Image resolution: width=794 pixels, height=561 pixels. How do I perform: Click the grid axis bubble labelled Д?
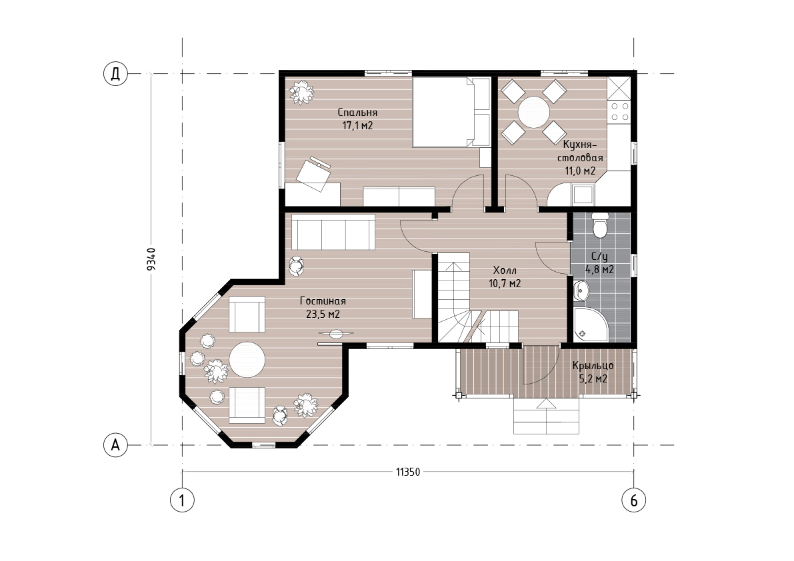point(115,74)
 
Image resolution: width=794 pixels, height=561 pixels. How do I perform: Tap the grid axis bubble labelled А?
point(115,445)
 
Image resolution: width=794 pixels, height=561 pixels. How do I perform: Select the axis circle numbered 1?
point(182,500)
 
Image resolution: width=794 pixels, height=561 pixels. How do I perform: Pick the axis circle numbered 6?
point(633,500)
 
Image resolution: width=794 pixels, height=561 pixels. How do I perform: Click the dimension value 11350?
point(408,472)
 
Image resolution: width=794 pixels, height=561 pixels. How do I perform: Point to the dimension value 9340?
point(151,259)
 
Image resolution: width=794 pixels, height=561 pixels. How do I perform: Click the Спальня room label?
point(357,113)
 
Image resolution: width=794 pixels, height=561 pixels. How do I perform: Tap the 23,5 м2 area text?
point(323,314)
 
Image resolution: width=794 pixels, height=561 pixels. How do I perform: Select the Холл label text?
point(505,271)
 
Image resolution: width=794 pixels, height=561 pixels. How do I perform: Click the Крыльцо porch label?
point(593,365)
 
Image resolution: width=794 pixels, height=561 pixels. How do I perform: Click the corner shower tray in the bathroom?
point(591,324)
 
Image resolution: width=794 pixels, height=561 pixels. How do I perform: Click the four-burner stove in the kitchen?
point(619,113)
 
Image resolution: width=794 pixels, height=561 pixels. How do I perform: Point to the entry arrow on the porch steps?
point(546,403)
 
